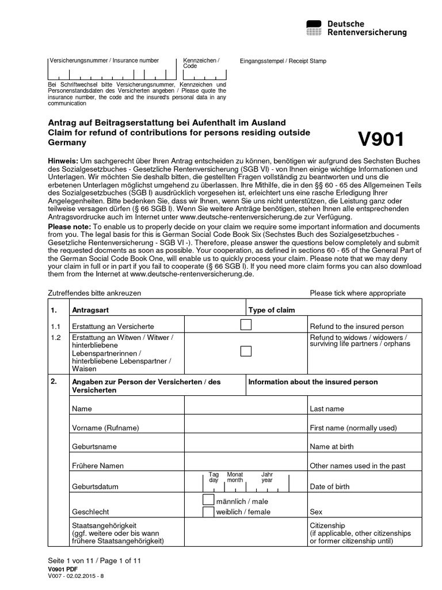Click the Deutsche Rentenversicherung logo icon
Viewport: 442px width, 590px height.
click(314, 28)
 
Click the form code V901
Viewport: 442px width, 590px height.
click(381, 139)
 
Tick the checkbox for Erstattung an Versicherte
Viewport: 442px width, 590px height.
click(246, 326)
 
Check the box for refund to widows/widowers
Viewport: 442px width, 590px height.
click(246, 351)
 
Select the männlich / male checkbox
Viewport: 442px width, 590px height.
click(208, 501)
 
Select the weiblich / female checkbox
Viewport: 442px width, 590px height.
click(208, 512)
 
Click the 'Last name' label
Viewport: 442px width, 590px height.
click(327, 409)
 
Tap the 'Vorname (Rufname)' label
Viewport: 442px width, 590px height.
click(105, 428)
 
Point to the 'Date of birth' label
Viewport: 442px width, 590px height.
click(329, 486)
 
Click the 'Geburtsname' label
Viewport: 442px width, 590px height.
click(94, 447)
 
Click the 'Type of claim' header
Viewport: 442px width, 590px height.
click(272, 310)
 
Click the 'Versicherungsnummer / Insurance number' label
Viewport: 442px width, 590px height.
click(104, 60)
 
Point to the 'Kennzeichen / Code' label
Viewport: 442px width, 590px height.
click(200, 63)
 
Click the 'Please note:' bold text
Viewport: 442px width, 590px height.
click(69, 227)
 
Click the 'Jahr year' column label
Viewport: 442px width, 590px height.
click(266, 477)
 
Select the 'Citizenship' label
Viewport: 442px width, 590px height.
click(327, 525)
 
